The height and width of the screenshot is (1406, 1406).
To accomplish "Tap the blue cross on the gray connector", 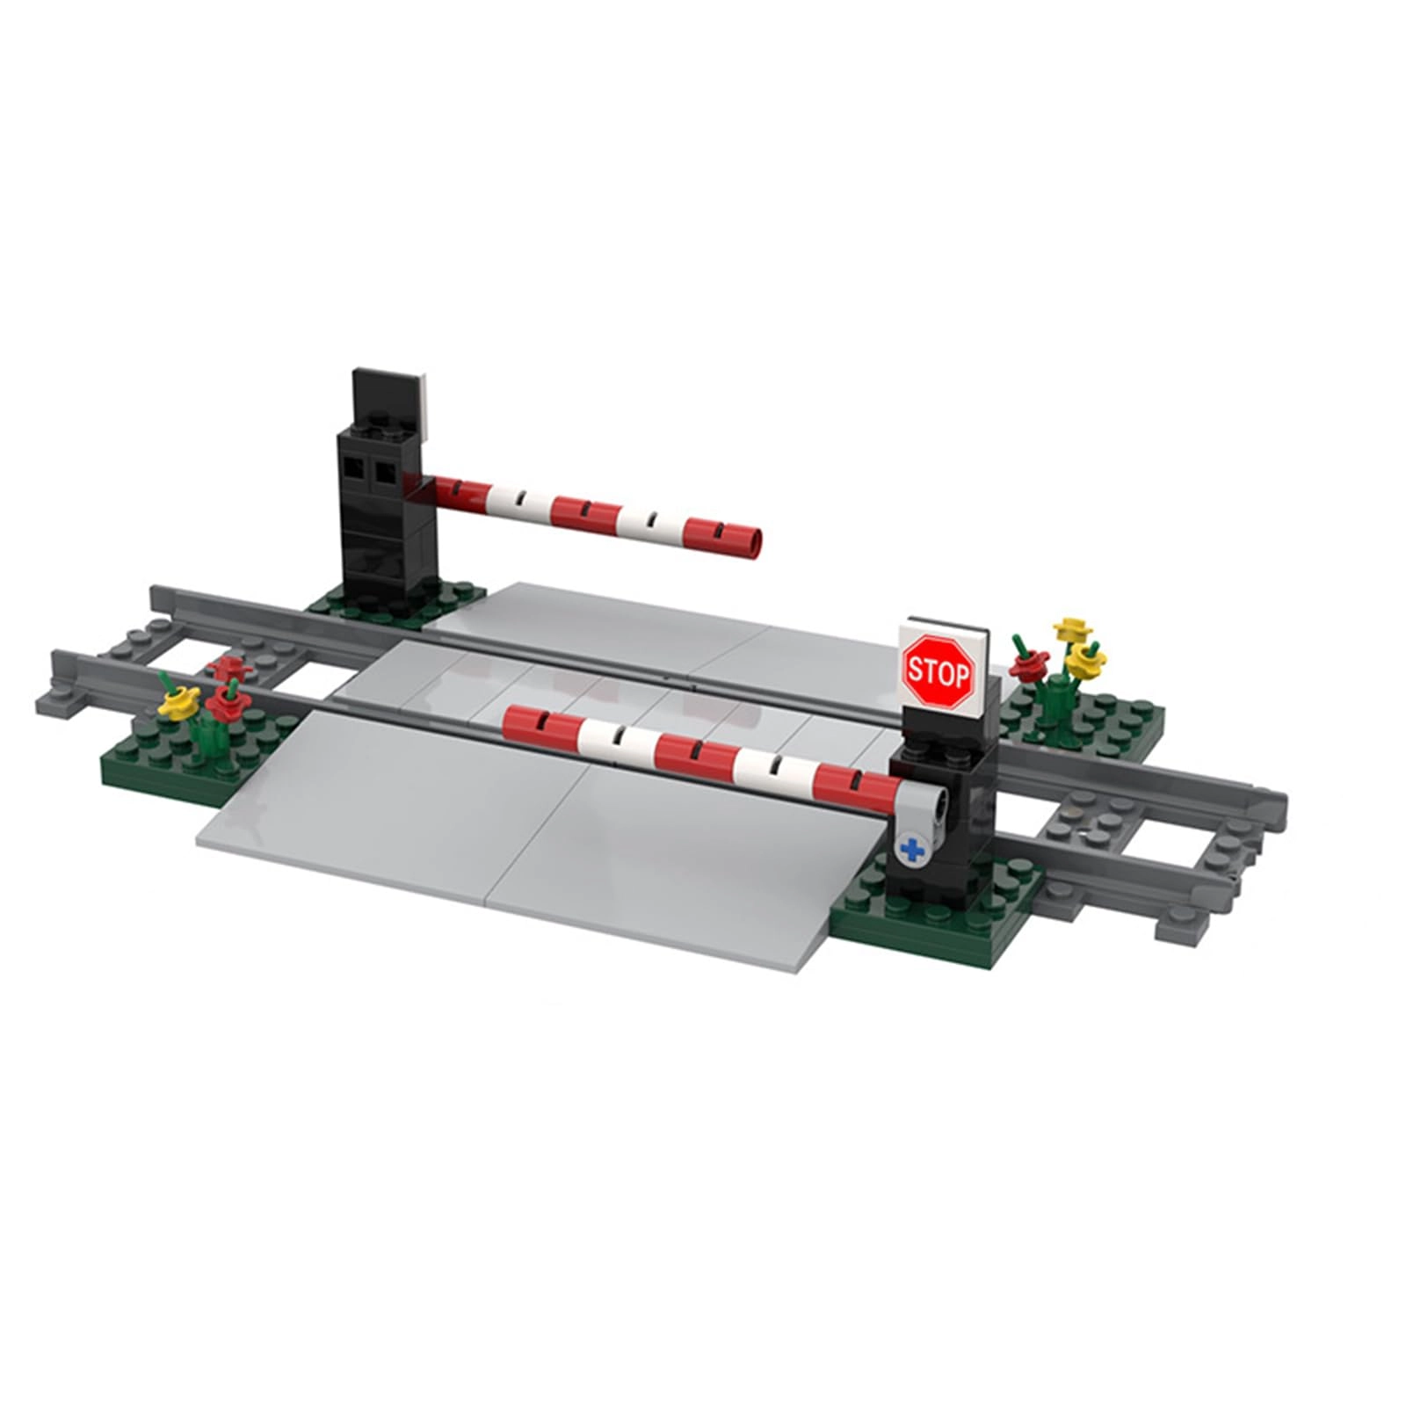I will coord(914,849).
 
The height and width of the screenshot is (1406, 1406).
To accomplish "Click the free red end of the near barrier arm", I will coord(518,721).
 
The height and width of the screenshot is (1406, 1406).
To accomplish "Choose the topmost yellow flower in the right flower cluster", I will coord(1069,627).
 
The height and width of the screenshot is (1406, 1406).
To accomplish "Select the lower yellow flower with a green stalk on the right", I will coord(1086,659).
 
